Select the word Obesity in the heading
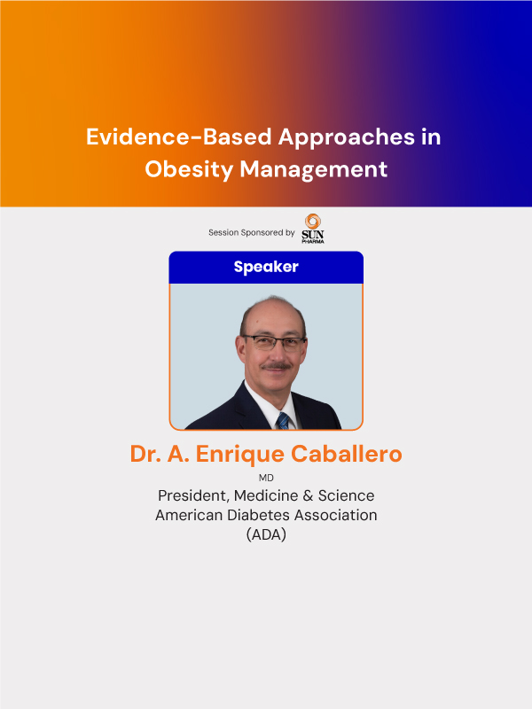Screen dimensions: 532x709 [189, 170]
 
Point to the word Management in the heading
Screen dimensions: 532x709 [314, 170]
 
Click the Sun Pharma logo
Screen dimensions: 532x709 [313, 229]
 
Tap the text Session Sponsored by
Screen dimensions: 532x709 [252, 232]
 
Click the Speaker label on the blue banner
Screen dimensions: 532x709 [266, 267]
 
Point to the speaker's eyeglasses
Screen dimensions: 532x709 [273, 343]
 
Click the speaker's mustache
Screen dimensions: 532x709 [277, 365]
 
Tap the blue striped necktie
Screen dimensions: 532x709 [283, 420]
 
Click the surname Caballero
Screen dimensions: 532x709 [346, 454]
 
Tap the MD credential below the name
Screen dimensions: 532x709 [266, 478]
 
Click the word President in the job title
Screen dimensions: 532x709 [193, 495]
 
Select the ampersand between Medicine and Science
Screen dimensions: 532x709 [308, 496]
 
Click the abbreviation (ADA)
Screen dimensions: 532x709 [266, 534]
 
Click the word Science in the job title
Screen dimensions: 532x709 [346, 495]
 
